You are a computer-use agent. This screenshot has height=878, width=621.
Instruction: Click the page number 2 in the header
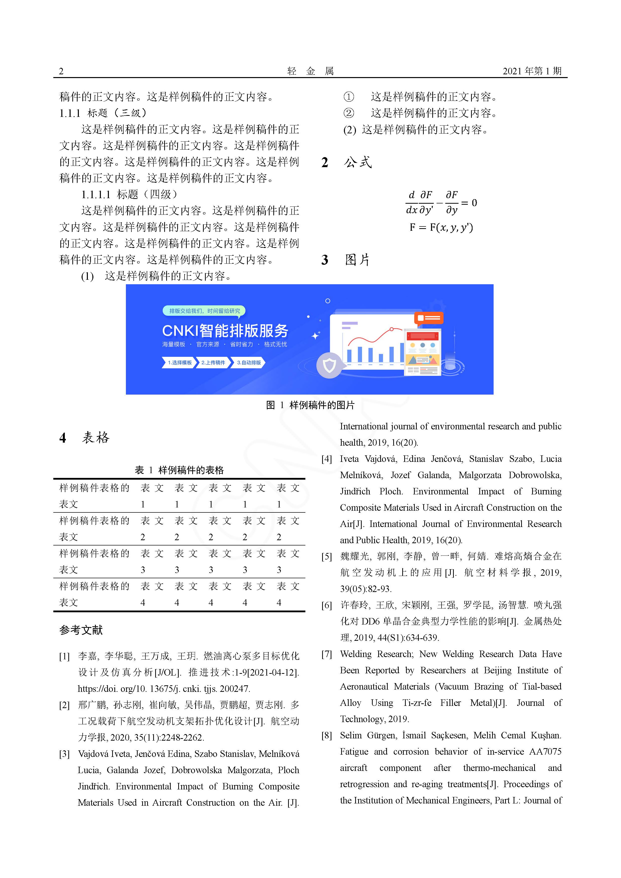coord(61,71)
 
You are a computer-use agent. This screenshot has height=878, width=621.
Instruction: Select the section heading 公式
coord(357,163)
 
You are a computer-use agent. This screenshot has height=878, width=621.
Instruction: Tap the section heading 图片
coord(357,260)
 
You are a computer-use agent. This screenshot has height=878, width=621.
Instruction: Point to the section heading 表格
coord(95,437)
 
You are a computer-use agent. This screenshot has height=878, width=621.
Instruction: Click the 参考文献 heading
coord(81,630)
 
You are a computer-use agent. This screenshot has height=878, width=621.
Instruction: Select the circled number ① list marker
coord(349,97)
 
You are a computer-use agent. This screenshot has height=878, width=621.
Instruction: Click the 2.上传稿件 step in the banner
coord(213,363)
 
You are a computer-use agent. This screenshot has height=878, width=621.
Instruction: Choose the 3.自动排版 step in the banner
coord(249,363)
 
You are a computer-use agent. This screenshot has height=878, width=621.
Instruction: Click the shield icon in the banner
coord(329,366)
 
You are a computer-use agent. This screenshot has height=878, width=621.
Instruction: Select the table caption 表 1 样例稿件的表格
coord(179,470)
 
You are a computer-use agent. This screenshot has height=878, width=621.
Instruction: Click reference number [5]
coord(326,557)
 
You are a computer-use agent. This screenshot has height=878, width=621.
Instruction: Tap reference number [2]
coord(64,705)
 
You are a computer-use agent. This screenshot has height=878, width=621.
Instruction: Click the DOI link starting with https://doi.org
coord(164,689)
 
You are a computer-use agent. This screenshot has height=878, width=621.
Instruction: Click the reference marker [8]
coord(326,735)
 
